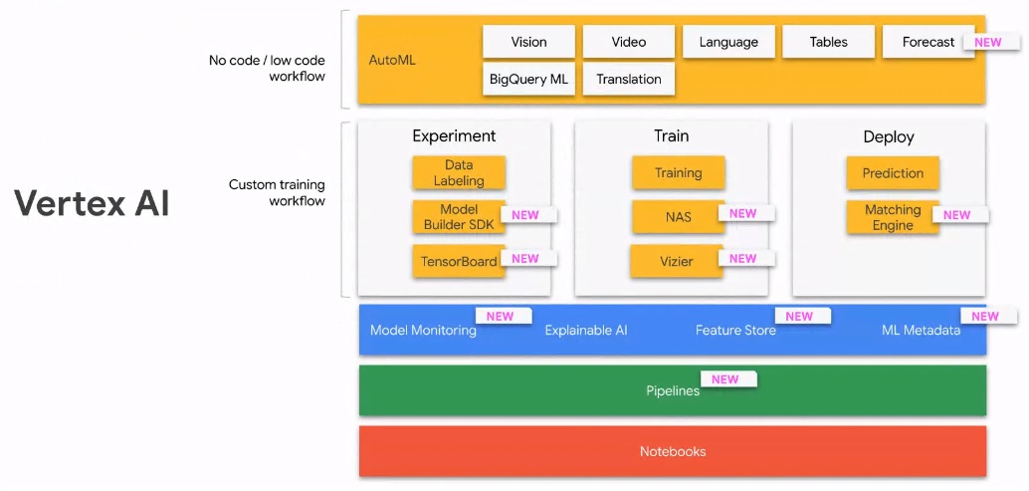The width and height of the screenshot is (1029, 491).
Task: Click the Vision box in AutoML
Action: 528,42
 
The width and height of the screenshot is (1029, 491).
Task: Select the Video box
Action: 628,42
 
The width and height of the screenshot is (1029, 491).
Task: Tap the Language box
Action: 728,42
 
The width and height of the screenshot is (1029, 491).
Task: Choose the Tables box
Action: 828,42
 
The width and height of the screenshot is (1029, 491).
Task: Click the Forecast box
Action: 927,42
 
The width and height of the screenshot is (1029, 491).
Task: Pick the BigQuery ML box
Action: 528,79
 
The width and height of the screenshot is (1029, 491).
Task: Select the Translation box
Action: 628,79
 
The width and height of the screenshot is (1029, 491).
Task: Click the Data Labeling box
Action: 459,172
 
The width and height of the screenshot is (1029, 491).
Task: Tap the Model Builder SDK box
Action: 459,216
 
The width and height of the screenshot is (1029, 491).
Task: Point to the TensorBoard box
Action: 459,261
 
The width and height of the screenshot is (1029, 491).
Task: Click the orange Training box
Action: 678,172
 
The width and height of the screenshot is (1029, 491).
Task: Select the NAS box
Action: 678,216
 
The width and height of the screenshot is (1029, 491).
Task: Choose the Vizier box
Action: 677,261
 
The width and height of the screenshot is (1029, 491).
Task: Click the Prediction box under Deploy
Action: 893,172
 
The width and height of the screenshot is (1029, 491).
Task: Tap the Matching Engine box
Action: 893,217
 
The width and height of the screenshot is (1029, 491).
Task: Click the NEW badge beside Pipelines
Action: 728,378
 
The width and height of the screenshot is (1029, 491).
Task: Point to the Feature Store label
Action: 735,330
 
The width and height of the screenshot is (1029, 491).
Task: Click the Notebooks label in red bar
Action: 673,451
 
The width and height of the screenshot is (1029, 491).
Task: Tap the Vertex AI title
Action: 92,202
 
